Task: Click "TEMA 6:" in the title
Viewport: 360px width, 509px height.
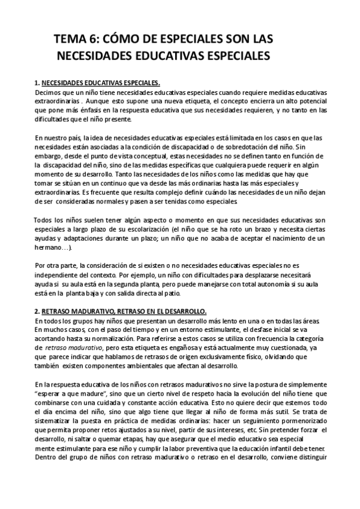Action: pos(77,40)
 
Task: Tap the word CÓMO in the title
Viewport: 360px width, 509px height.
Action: pos(122,40)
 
